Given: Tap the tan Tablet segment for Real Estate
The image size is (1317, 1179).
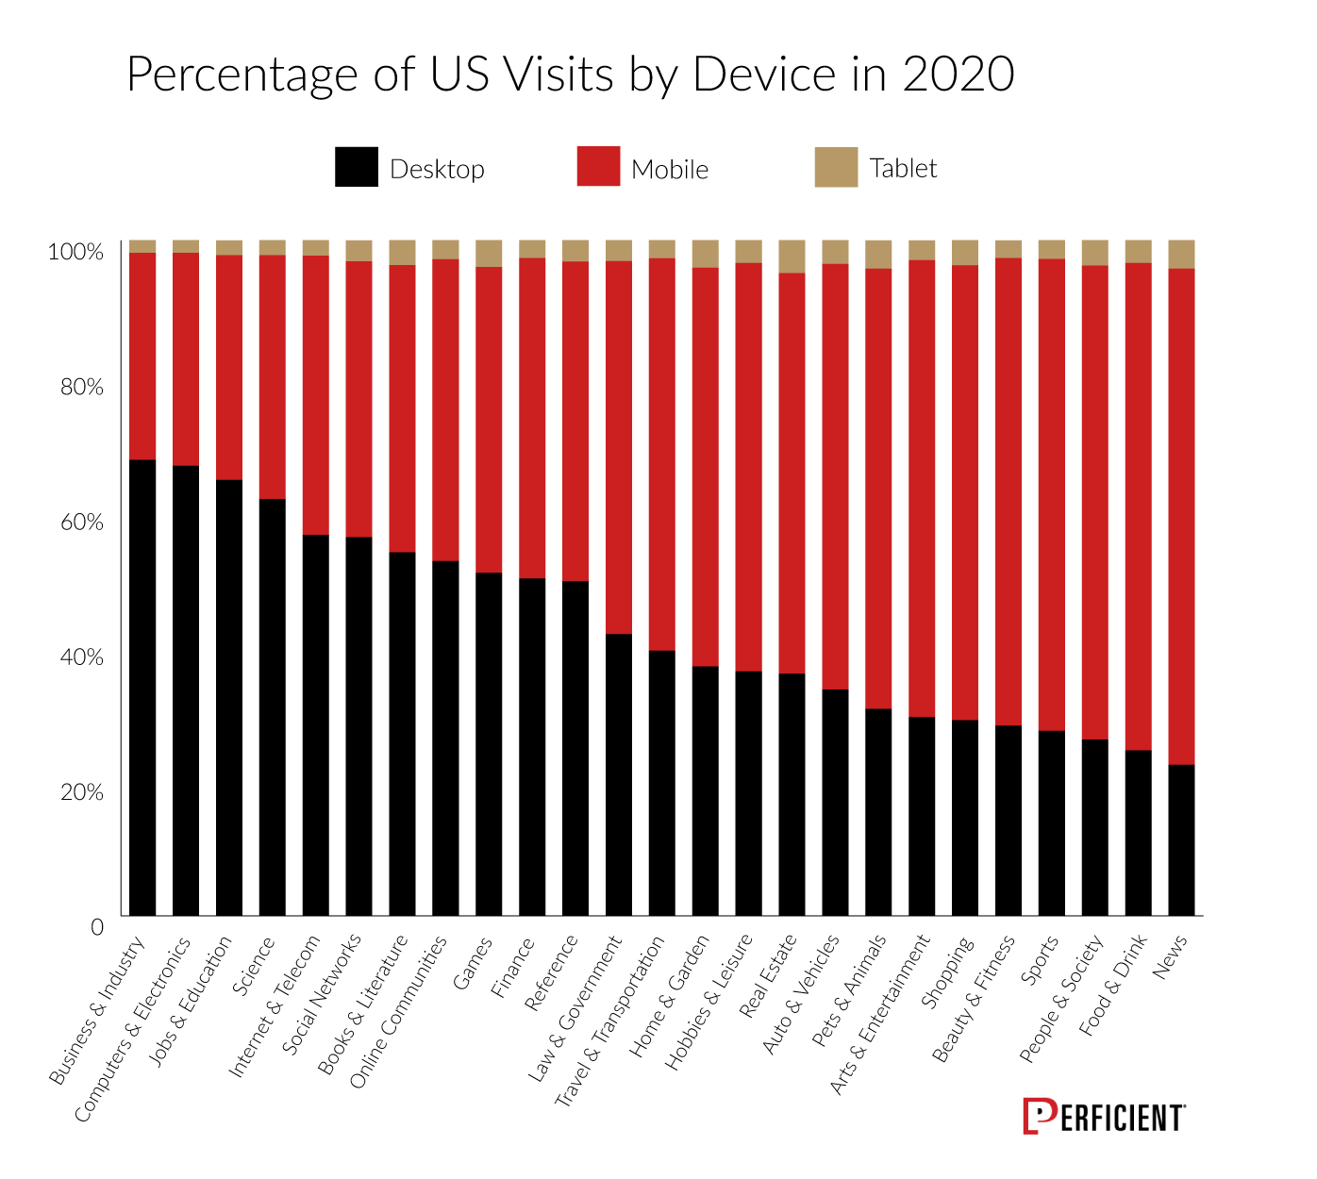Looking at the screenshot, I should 792,257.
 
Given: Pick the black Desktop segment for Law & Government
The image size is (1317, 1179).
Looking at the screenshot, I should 619,773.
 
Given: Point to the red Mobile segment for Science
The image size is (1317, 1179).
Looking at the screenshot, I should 273,376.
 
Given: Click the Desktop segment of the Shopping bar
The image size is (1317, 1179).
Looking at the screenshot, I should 965,817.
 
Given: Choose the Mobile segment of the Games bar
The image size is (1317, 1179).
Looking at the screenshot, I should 489,420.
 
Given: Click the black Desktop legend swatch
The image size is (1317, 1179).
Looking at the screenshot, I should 357,167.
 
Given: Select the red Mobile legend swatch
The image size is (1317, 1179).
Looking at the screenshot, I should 598,167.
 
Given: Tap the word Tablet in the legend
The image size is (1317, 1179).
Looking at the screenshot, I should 903,169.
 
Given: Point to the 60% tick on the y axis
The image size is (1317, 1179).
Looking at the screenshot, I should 82,523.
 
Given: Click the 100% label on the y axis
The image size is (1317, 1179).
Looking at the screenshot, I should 75,252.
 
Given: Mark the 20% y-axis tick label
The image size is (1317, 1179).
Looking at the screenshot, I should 82,792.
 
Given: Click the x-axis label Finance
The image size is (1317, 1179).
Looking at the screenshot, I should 514,967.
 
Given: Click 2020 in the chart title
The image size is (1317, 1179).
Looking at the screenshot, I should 958,75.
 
